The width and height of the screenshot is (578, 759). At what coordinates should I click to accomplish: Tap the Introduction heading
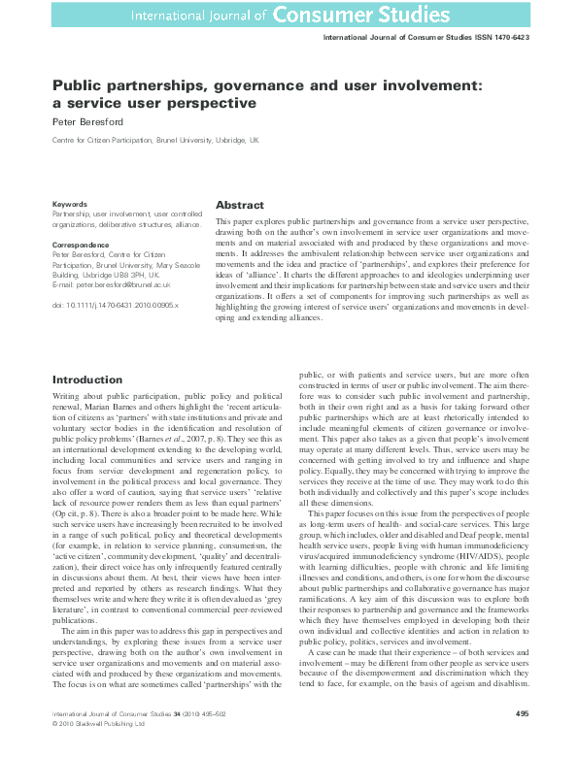click(87, 379)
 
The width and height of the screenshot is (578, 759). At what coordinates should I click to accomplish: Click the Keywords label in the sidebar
click(70, 204)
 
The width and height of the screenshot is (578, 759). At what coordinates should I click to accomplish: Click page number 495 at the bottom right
click(522, 741)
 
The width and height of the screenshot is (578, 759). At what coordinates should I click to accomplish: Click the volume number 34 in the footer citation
click(157, 741)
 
